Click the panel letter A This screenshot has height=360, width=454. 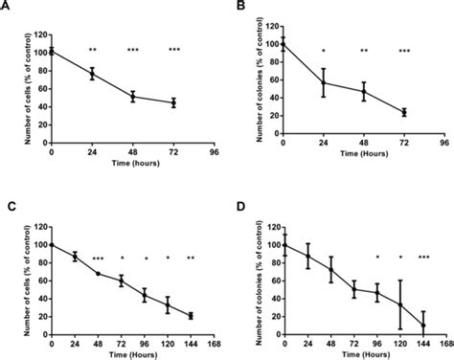[x=8, y=8]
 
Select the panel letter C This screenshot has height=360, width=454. [x=8, y=204]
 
